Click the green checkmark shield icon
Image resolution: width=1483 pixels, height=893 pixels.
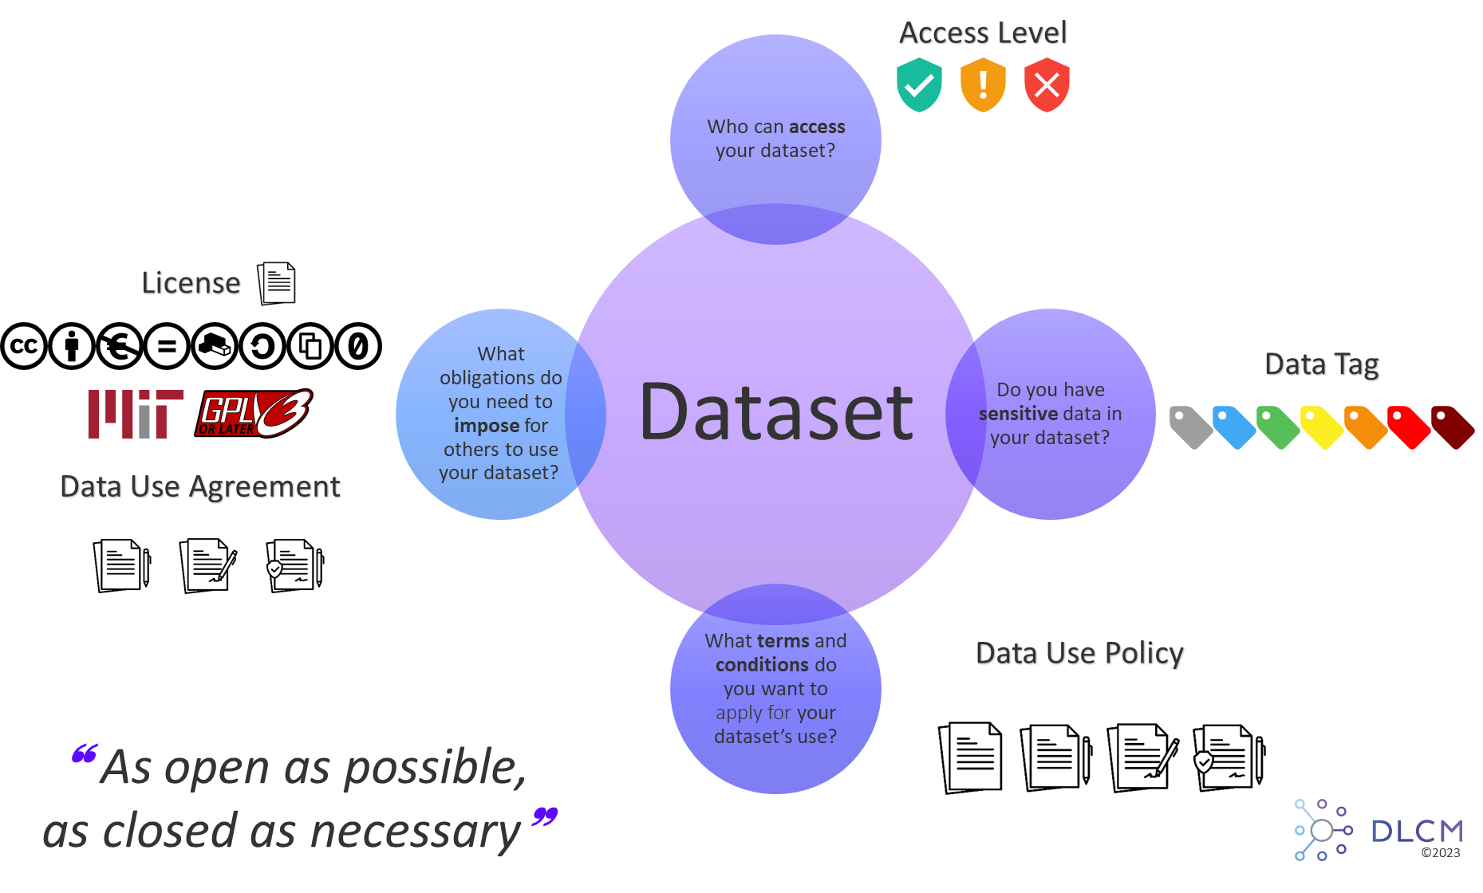pos(919,85)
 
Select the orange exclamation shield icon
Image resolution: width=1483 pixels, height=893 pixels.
pos(983,85)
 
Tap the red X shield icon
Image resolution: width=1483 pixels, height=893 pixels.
pos(1047,85)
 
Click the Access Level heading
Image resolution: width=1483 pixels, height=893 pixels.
pos(983,33)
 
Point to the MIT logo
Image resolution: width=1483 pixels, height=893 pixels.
pos(135,414)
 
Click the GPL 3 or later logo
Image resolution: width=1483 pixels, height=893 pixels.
pos(253,414)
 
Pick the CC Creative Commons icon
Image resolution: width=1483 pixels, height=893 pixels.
pos(24,346)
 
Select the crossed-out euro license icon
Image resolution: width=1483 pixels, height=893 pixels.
pos(120,346)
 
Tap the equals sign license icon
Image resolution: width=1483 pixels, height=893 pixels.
pos(167,346)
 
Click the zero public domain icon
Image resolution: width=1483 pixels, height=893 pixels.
pos(358,346)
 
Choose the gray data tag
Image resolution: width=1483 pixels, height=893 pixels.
pos(1190,427)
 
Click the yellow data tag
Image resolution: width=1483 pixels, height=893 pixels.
pos(1321,427)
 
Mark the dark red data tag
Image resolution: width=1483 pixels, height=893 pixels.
pos(1452,427)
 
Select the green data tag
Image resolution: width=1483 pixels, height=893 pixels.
pos(1277,427)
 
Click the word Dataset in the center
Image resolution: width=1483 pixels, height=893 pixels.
pos(775,412)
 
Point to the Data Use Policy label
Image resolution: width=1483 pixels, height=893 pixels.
pos(1080,654)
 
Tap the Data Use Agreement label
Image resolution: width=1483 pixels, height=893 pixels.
pos(201,487)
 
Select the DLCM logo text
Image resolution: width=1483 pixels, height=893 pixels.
pos(1417,832)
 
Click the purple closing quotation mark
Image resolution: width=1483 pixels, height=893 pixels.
pos(545,816)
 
